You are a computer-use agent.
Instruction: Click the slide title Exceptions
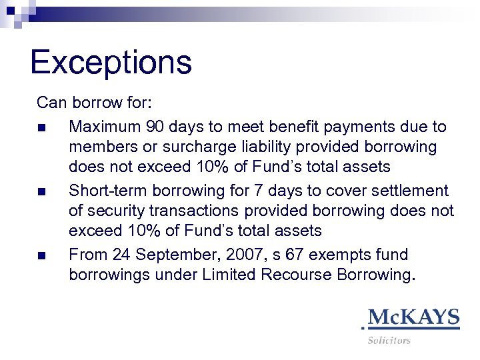click(111, 62)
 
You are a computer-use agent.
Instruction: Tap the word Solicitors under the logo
click(389, 340)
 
